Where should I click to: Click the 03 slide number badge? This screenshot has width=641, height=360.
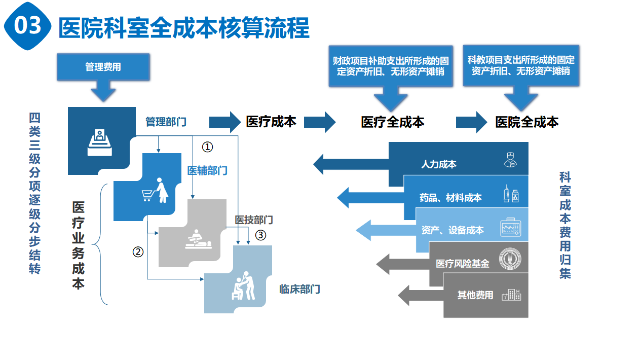tap(27, 26)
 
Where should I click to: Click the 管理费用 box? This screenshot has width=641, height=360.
tap(103, 66)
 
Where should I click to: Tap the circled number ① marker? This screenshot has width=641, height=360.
tap(208, 147)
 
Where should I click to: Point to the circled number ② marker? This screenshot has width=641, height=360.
tap(138, 251)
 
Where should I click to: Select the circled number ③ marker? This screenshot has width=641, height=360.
tap(260, 235)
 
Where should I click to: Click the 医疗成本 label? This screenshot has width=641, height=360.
tap(271, 122)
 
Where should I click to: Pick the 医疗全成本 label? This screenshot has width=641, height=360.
tap(393, 122)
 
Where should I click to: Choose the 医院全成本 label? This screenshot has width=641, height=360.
tap(527, 122)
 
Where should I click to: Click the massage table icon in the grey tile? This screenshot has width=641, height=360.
tap(196, 238)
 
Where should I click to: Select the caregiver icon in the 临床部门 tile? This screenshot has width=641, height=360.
tap(243, 286)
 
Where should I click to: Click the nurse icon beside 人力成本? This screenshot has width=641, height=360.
tap(510, 160)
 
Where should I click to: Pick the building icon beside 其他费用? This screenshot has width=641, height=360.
tap(511, 295)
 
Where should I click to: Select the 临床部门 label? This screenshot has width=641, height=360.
tap(299, 290)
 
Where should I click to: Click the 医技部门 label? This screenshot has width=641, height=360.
tap(254, 220)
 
